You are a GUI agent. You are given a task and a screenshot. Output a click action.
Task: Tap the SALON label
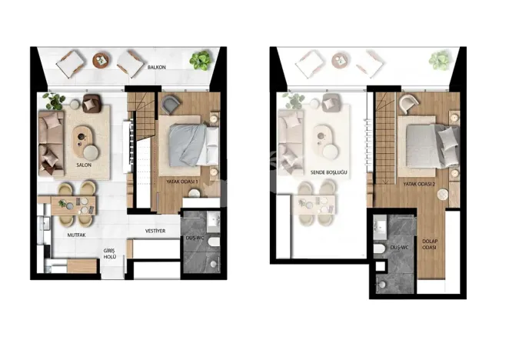(85, 165)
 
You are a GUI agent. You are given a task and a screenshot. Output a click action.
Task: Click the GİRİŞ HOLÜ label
(110, 255)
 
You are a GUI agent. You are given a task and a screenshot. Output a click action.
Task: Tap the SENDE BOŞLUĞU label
(328, 174)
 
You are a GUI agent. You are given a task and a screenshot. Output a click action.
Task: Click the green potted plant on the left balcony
(201, 60)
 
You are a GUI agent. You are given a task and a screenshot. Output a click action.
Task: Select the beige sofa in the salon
(51, 137)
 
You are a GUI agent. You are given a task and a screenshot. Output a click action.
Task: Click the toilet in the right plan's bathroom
(381, 254)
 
